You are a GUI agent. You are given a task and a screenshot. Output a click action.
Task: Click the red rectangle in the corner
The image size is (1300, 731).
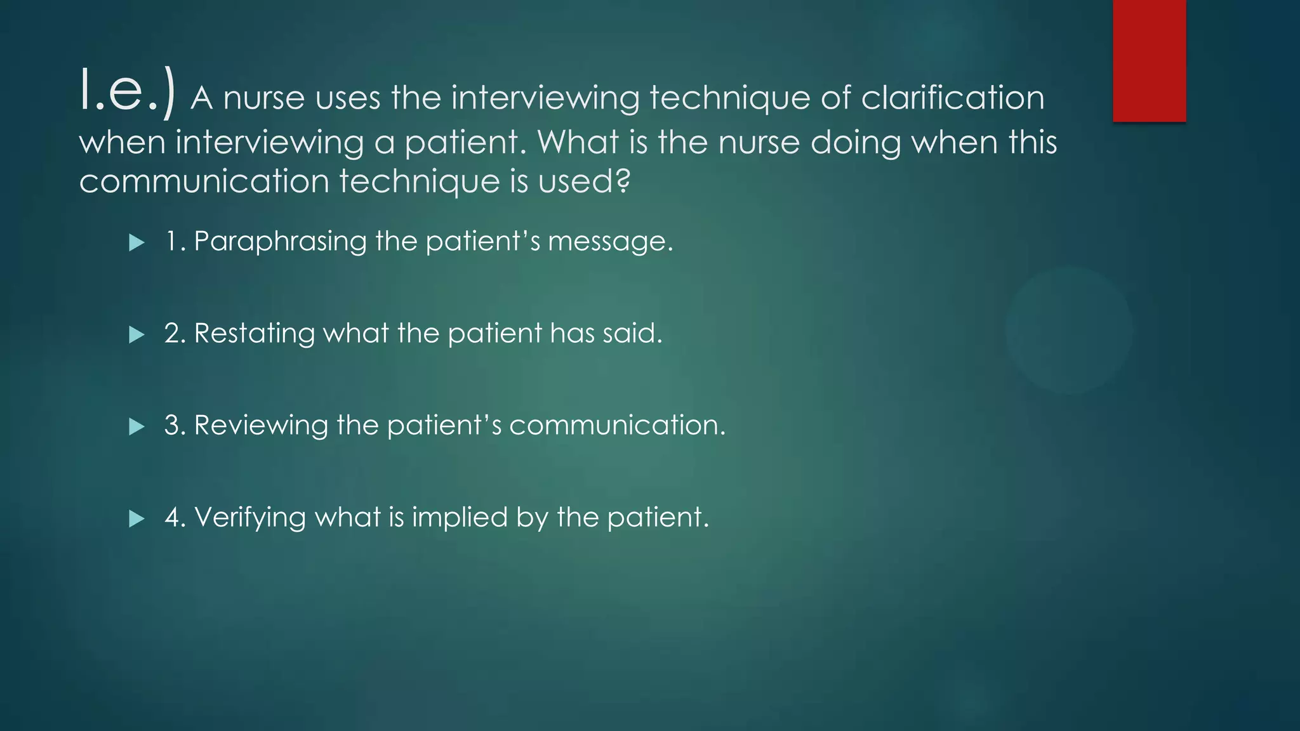1149,60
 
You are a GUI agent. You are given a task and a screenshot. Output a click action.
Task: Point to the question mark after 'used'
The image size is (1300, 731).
623,181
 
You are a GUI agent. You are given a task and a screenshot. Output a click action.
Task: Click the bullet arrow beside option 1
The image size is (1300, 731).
136,242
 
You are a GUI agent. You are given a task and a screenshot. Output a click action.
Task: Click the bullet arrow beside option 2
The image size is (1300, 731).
136,334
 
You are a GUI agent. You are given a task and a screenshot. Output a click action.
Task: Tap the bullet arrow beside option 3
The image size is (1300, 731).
136,426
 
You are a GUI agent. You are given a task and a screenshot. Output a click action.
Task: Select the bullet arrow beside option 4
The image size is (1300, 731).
136,519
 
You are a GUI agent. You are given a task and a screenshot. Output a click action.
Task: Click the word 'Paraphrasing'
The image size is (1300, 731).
280,242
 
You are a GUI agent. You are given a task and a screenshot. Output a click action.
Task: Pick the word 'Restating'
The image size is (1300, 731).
254,334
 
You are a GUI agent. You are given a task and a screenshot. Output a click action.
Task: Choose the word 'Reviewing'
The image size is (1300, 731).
261,426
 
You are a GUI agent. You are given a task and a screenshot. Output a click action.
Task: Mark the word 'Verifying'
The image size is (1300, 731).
250,518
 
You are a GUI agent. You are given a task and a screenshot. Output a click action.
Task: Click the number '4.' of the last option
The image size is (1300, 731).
175,518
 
